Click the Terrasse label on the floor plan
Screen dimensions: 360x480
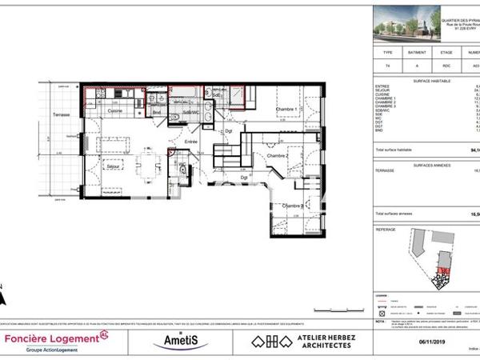tap(62, 115)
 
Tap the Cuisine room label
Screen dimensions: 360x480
tap(115, 110)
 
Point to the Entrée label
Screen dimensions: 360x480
tap(190, 142)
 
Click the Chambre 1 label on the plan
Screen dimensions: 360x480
tap(286, 110)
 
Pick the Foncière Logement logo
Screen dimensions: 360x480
tap(56, 340)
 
